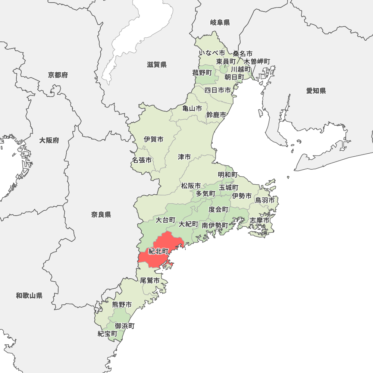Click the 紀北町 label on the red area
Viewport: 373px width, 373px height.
coord(159,251)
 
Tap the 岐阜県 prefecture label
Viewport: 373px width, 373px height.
coord(220,23)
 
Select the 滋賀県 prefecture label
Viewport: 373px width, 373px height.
coord(157,65)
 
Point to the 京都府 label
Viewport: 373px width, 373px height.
coord(58,75)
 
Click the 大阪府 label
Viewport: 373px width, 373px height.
coord(49,141)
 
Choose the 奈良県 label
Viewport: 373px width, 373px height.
coord(101,214)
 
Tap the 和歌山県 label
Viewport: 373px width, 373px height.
coord(29,296)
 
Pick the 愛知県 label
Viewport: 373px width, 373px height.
coord(316,91)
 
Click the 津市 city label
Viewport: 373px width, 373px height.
coord(184,157)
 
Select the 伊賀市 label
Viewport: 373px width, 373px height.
coord(154,140)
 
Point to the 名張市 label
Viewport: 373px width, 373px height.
coord(142,160)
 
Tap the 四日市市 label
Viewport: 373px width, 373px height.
coord(218,90)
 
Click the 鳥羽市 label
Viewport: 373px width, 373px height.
coord(265,200)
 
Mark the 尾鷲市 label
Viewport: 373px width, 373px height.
coord(150,280)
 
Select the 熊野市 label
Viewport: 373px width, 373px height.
coord(122,305)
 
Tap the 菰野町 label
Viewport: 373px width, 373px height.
coord(202,73)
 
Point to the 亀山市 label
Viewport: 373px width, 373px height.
coord(192,109)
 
